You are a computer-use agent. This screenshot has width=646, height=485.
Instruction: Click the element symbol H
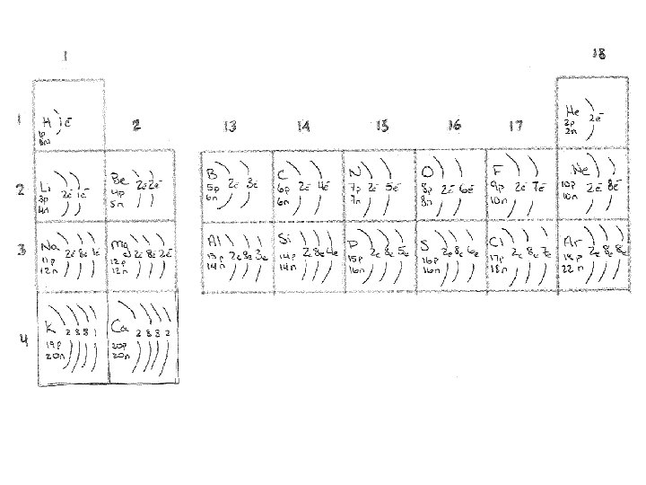pyautogui.click(x=47, y=122)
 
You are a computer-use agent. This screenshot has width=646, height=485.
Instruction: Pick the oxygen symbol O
pyautogui.click(x=428, y=171)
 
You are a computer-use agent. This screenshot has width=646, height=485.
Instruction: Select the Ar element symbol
pyautogui.click(x=573, y=242)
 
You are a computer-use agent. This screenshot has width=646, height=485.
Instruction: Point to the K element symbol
pyautogui.click(x=49, y=326)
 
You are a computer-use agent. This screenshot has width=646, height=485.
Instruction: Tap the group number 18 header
pyautogui.click(x=598, y=55)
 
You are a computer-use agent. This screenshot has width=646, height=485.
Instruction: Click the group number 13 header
pyautogui.click(x=231, y=127)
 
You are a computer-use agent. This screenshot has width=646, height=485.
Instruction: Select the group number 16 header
pyautogui.click(x=454, y=127)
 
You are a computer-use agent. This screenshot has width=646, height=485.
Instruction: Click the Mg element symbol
pyautogui.click(x=120, y=243)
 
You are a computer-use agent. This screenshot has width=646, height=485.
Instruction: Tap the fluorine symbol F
pyautogui.click(x=499, y=169)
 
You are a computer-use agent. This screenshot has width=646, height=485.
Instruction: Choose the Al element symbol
pyautogui.click(x=214, y=241)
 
